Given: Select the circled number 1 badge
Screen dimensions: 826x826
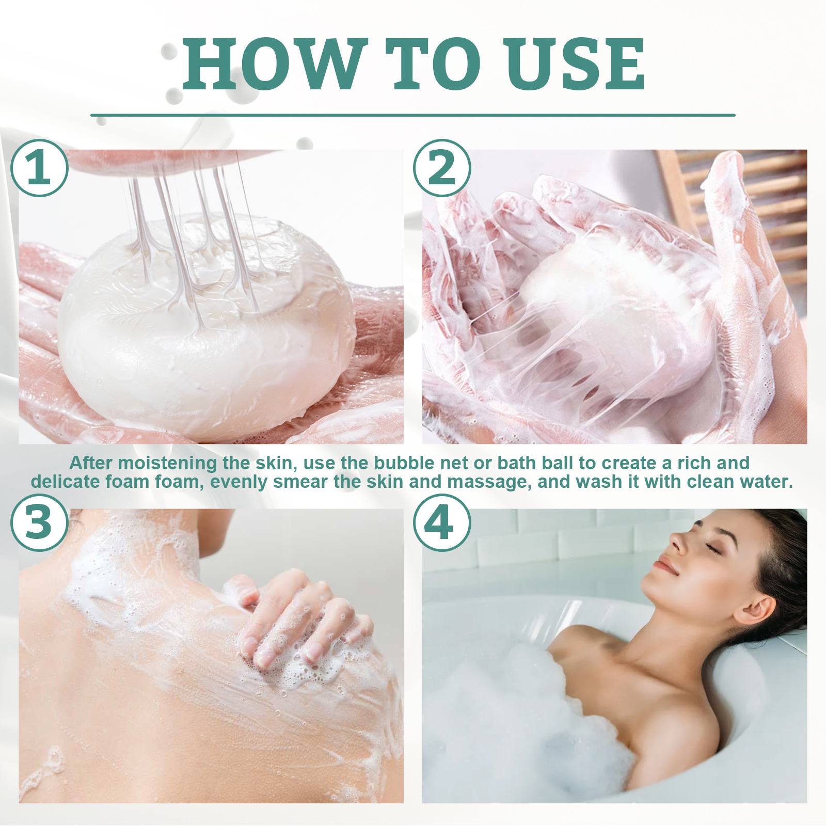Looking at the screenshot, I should pos(39,168).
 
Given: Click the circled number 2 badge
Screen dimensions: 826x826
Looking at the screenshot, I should pos(442,168).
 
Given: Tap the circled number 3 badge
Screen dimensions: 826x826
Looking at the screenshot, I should pos(39,522).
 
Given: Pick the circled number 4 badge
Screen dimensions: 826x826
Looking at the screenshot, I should pos(442,522).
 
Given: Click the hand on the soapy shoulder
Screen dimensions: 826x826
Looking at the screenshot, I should pos(299,619).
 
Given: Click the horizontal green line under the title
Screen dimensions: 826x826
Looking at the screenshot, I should pos(413,115).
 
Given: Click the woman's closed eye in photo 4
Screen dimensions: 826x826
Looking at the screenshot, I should pos(714,549).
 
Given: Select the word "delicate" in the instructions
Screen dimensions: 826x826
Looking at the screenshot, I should pos(65,482).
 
